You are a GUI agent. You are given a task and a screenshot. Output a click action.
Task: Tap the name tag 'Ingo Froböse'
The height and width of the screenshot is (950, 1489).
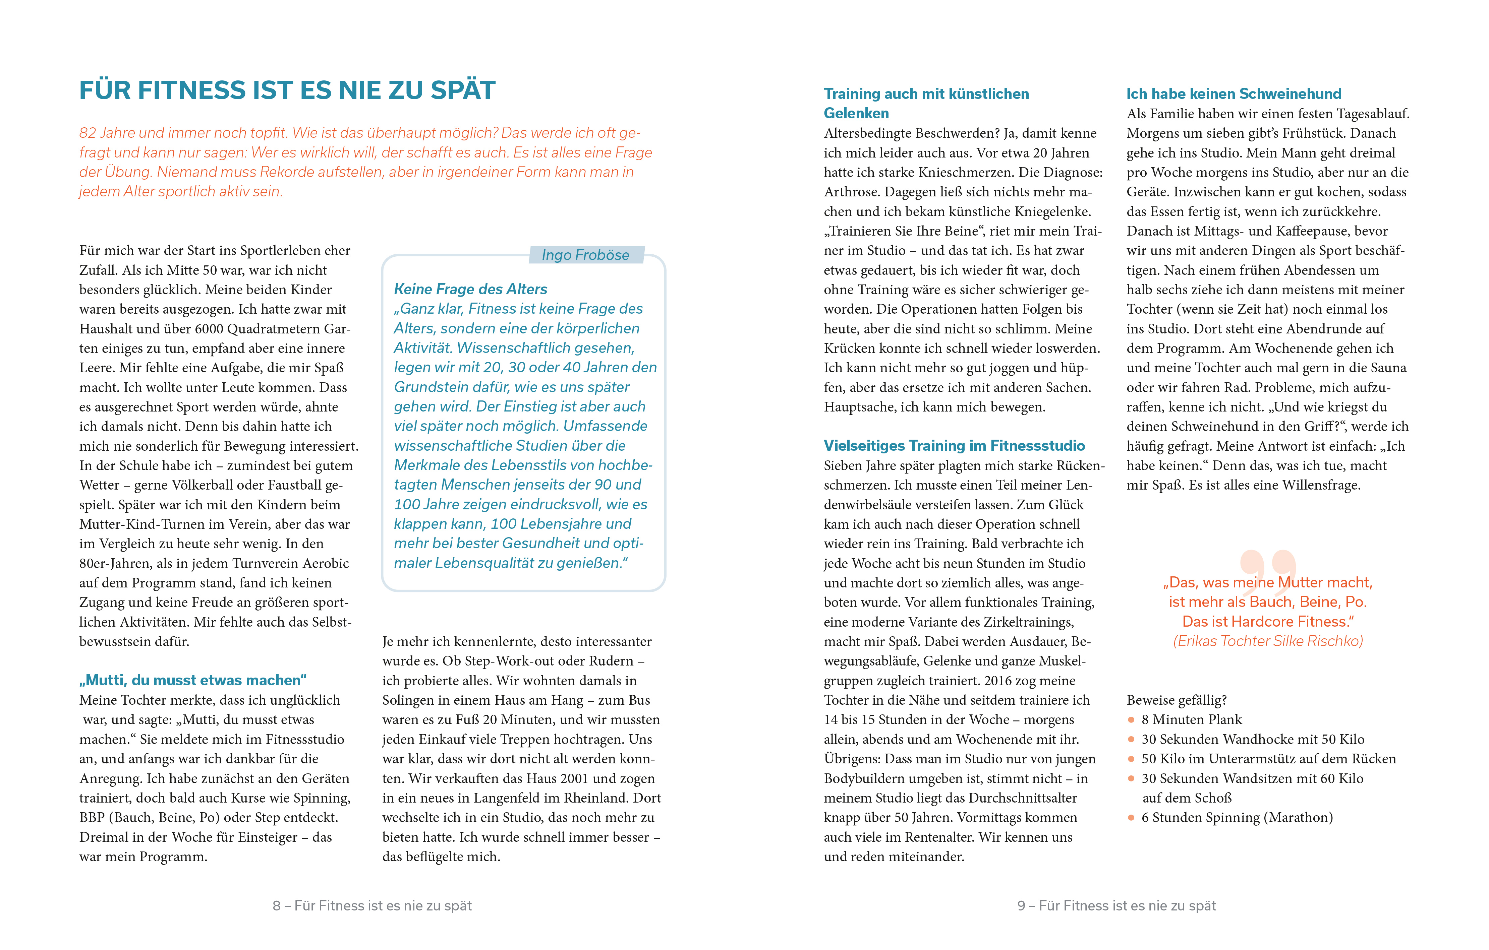click(585, 255)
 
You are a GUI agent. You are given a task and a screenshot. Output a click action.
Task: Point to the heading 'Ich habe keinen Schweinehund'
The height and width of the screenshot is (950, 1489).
click(1234, 93)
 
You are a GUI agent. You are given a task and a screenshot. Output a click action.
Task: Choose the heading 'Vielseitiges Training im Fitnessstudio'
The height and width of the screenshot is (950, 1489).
click(954, 446)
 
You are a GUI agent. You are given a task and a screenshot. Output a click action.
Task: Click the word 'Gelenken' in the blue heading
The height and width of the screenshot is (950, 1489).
click(856, 113)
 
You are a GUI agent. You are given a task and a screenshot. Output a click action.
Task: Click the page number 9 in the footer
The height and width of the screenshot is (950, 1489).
click(1022, 905)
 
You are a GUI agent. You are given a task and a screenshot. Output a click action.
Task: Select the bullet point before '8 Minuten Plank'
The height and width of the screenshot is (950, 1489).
click(1131, 719)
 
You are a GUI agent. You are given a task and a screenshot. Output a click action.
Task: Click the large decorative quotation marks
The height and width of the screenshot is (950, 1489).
click(1268, 566)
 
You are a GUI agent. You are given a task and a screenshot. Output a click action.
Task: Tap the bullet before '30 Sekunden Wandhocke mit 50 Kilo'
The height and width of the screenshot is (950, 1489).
click(1131, 739)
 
